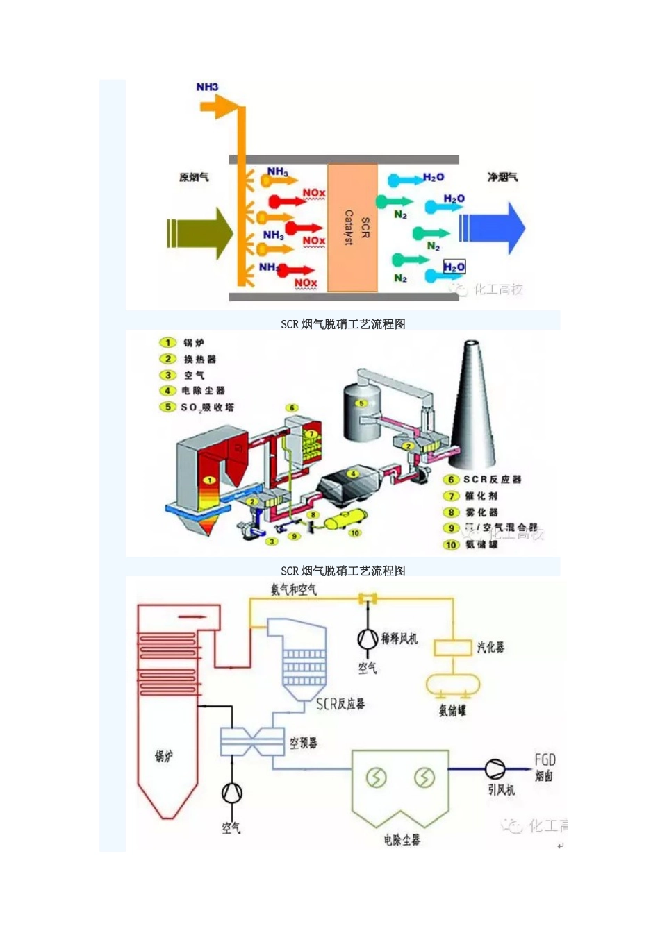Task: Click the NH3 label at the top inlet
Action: tap(207, 87)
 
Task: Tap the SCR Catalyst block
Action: tap(352, 228)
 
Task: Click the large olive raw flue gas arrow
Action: tap(200, 233)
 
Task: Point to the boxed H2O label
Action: tap(454, 267)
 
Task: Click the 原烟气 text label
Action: tap(194, 178)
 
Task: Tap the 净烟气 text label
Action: tap(502, 178)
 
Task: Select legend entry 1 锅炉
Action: tap(184, 343)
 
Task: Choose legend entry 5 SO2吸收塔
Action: tap(198, 407)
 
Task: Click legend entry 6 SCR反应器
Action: tap(483, 480)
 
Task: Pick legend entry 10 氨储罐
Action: tap(472, 545)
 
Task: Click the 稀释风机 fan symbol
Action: tap(368, 637)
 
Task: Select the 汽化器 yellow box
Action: tap(453, 648)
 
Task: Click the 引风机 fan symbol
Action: tap(495, 768)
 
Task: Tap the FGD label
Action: tap(545, 760)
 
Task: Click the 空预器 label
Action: tap(304, 743)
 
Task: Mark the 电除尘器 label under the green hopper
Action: tap(402, 840)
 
